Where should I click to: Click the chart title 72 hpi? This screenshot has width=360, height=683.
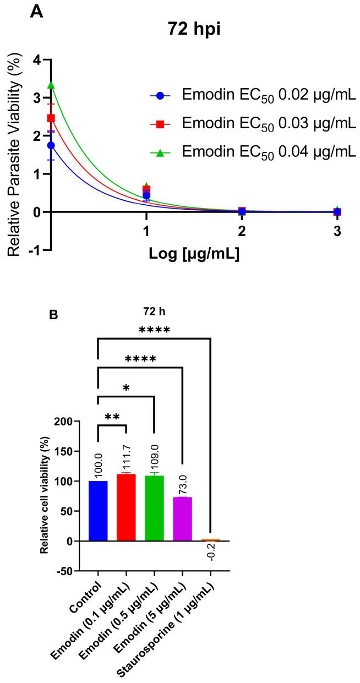pos(193,29)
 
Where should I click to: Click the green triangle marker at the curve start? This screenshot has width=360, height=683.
pos(51,85)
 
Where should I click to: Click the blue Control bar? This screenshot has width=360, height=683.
pos(98,511)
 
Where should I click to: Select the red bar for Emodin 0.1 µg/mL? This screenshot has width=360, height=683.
pos(126,507)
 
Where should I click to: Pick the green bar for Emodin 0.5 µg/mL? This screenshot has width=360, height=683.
pos(154,508)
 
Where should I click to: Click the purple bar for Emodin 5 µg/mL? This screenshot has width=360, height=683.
pos(182,519)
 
